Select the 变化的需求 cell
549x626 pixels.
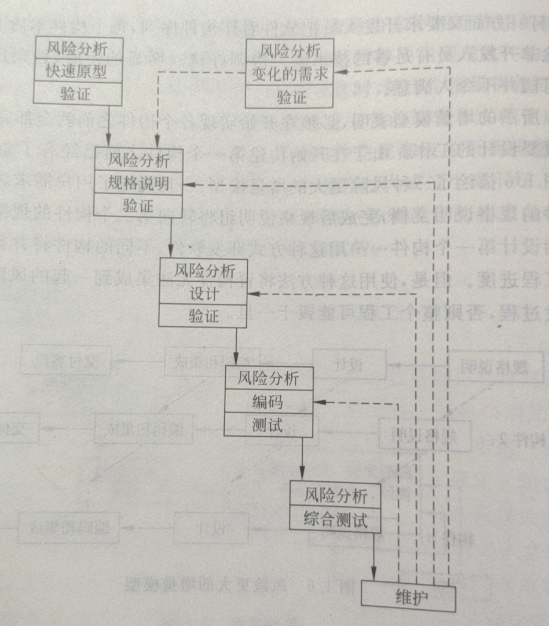coord(290,74)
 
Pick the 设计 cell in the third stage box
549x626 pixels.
coord(204,293)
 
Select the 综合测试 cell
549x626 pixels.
coord(336,519)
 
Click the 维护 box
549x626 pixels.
coord(409,596)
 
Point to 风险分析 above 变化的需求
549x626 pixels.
coord(290,50)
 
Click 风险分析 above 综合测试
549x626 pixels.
coord(336,496)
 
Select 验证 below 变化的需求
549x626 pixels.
coord(290,97)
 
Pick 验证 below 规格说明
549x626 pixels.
coord(138,205)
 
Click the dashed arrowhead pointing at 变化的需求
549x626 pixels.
coord(339,72)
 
